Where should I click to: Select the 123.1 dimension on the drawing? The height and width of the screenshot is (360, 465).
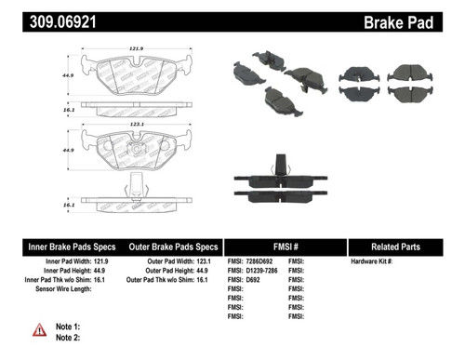point(137,120)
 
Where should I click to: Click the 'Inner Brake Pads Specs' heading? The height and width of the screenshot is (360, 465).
point(72,247)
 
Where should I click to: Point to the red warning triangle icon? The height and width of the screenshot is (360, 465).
point(40,329)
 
